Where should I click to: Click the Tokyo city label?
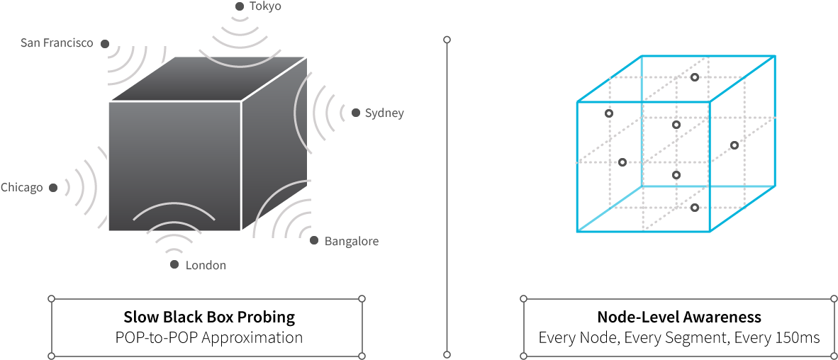pyautogui.click(x=265, y=6)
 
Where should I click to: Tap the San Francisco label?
pyautogui.click(x=57, y=43)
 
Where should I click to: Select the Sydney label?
pyautogui.click(x=384, y=113)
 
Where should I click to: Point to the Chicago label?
pyautogui.click(x=21, y=188)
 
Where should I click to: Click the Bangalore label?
pyautogui.click(x=352, y=241)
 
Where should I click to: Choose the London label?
pyautogui.click(x=206, y=265)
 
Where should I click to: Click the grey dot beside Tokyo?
pyautogui.click(x=240, y=6)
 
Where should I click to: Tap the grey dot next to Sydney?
pyautogui.click(x=356, y=113)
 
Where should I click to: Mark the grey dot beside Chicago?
pyautogui.click(x=53, y=188)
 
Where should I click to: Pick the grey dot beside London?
pyautogui.click(x=174, y=265)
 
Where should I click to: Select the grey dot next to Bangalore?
pyautogui.click(x=314, y=240)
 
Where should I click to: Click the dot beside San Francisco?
pyautogui.click(x=105, y=44)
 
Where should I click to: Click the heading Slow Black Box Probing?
pyautogui.click(x=209, y=317)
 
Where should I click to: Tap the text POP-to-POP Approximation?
pyautogui.click(x=209, y=337)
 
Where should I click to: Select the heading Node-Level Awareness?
pyautogui.click(x=679, y=317)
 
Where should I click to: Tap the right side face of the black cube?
pyautogui.click(x=274, y=145)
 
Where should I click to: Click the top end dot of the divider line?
pyautogui.click(x=447, y=40)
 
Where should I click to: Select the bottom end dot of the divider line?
pyautogui.click(x=447, y=354)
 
